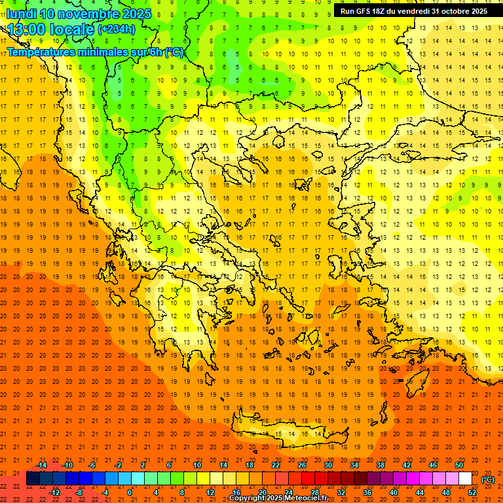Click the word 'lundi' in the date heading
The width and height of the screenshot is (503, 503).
pos(21,14)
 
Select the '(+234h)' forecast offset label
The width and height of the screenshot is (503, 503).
pos(116,29)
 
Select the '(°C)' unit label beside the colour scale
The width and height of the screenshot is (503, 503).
pos(488,479)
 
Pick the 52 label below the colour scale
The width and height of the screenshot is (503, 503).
pos(472,493)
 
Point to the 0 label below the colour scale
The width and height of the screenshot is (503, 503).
pos(130,493)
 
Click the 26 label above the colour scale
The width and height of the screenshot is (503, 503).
pos(302,465)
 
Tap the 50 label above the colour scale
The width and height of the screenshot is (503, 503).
pos(459,465)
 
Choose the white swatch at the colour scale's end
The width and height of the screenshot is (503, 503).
pos(466,479)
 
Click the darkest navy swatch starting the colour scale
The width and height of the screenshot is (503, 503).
pos(33,479)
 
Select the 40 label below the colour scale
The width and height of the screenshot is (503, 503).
pos(394,493)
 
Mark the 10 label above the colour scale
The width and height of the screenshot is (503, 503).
pos(197,465)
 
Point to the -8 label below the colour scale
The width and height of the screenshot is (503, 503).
pos(78,493)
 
